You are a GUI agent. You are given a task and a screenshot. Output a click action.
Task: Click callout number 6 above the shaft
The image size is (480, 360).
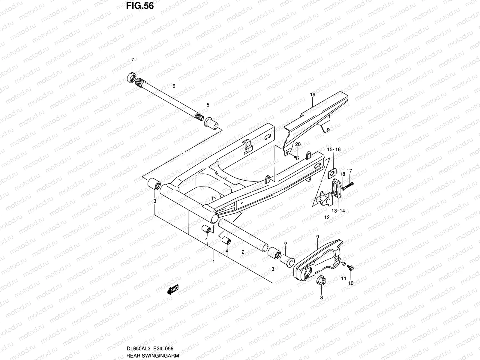point(173,86)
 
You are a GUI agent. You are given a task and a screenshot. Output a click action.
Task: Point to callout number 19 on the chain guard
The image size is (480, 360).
point(313,95)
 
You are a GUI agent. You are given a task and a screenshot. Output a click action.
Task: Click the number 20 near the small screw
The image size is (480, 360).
point(298,145)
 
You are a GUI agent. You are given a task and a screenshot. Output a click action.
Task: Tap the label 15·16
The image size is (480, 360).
point(334,149)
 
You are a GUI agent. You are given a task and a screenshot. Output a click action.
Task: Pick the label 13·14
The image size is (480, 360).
point(338,211)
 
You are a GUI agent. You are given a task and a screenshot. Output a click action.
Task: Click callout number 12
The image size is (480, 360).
point(327,217)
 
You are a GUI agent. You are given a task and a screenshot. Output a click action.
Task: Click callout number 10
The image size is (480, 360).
point(351,283)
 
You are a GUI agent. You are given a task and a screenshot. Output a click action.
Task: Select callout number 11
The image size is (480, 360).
point(344,278)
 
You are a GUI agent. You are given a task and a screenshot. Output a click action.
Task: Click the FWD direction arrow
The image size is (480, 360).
point(173,290)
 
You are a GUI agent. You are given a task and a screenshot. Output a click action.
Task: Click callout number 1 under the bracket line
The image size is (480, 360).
point(213,261)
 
